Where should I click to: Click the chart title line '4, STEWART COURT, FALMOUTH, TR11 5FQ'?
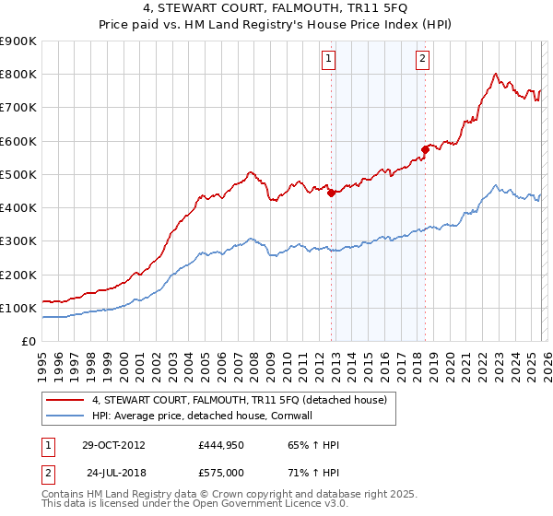(276, 10)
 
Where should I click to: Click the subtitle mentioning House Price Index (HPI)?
(276, 25)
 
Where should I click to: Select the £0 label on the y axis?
(29, 341)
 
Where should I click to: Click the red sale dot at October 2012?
(331, 193)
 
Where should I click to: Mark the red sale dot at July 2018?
(425, 148)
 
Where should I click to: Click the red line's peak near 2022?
(496, 74)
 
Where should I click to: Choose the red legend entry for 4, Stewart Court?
(243, 400)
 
